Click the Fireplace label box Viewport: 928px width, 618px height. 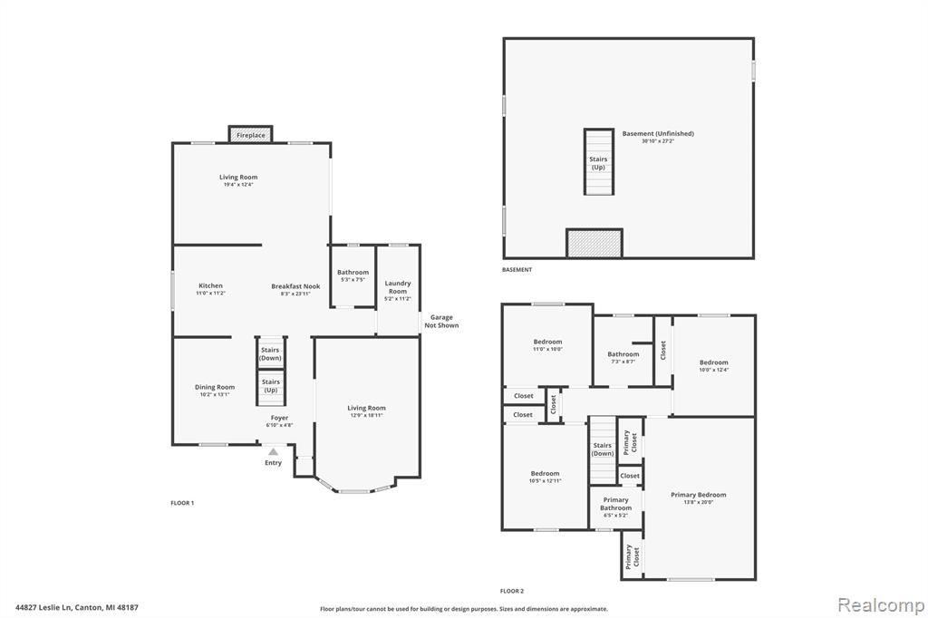pos(251,134)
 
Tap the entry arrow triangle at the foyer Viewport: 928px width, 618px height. pos(273,451)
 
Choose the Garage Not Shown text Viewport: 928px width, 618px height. pos(441,322)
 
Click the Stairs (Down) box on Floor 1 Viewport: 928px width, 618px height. pos(270,353)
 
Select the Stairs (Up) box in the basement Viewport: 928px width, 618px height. pos(598,161)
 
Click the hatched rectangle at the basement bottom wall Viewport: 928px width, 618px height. pos(594,243)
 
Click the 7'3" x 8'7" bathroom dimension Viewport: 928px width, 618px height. pos(623,361)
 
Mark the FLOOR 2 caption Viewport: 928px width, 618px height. pos(512,591)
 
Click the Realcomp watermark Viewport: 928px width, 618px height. pos(881,605)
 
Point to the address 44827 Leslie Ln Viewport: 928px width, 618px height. pos(43,607)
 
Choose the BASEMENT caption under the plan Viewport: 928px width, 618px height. pos(517,269)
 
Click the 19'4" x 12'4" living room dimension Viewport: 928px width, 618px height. pos(238,185)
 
